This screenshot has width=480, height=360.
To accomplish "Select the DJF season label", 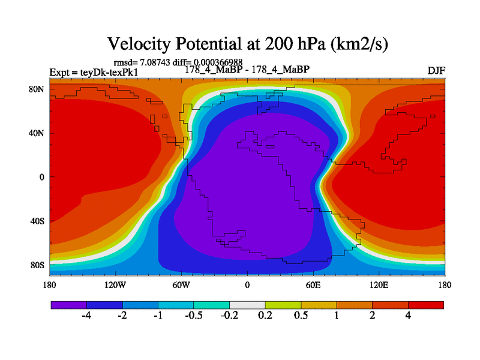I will tap(436, 70).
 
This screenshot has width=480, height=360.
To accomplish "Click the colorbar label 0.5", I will tap(301, 316).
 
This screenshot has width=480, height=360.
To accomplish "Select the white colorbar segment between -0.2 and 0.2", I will tap(247, 305).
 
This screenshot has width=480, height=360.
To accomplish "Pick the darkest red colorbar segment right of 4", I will tap(426, 305).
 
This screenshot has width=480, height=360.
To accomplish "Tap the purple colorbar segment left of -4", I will tap(68, 305).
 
